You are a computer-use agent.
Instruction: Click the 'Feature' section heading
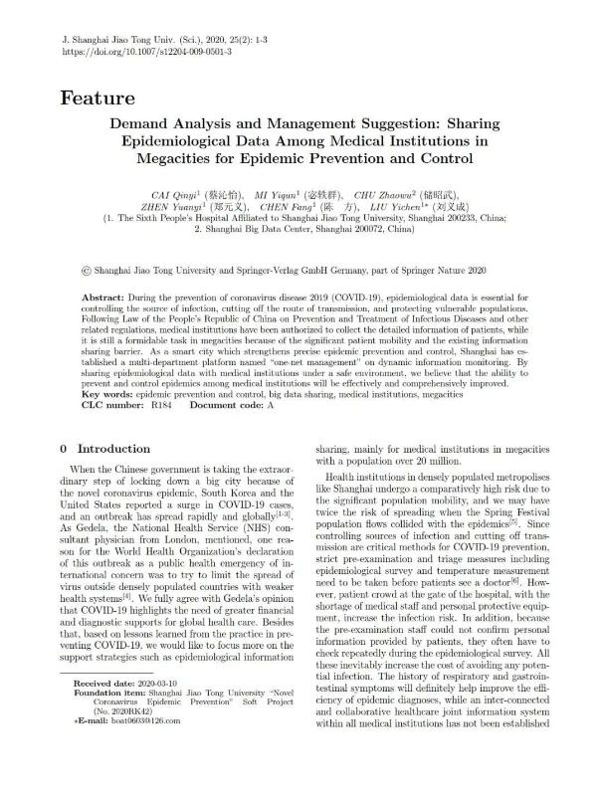97,98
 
